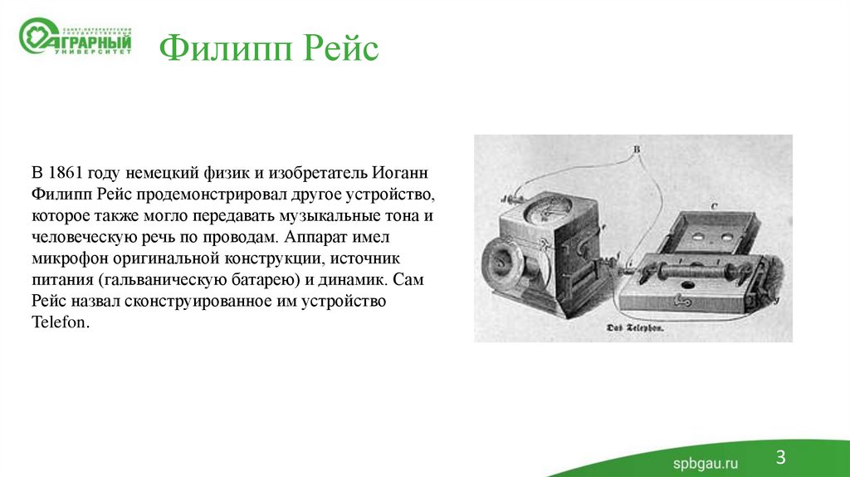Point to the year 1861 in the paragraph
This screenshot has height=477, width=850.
[x=65, y=174]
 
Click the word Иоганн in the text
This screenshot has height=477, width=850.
[x=403, y=174]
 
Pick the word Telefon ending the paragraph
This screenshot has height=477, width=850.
[x=60, y=322]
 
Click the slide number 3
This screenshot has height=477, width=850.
[x=781, y=455]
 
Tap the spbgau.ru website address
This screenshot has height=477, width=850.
[x=705, y=462]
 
